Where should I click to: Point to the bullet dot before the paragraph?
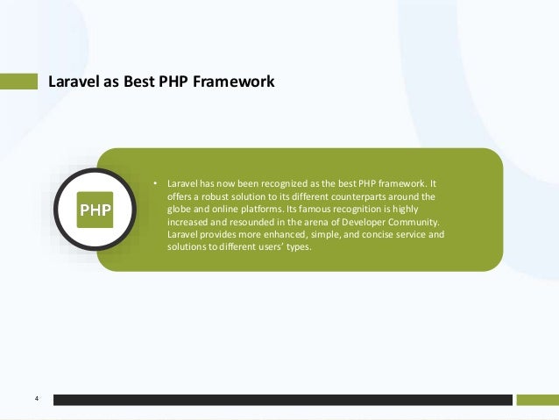tap(154, 184)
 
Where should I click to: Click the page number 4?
tap(36, 400)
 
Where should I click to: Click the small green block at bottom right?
tap(536, 400)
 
